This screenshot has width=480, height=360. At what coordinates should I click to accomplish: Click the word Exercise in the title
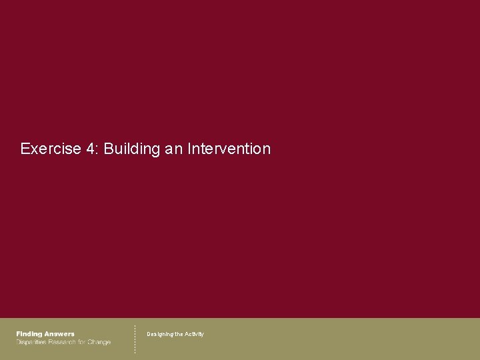coord(51,149)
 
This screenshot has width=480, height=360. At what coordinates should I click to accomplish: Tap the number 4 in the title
coord(90,149)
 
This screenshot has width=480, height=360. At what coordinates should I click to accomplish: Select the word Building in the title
coord(132,149)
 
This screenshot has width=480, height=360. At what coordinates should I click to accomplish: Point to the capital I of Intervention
coord(189,149)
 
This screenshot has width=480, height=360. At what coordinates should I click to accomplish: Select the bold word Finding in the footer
coord(29,334)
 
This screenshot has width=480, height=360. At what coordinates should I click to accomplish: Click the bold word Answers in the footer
coord(59,334)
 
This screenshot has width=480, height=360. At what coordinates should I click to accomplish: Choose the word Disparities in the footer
coord(31,342)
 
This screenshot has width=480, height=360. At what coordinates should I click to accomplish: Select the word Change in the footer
coord(99,342)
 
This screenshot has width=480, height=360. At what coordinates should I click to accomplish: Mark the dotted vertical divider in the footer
coord(135,339)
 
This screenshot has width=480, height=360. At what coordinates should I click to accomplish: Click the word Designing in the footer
coord(159,334)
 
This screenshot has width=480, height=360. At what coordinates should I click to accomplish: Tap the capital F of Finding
coord(19,334)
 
